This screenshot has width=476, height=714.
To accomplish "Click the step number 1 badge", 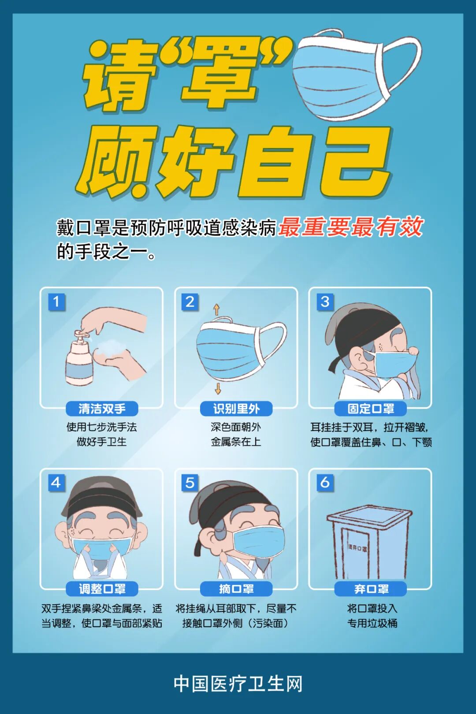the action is [56, 301].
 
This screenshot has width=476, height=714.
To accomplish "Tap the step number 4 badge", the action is [56, 483].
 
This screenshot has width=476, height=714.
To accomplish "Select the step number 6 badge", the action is [325, 483].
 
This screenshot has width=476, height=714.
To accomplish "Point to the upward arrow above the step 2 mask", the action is [216, 309].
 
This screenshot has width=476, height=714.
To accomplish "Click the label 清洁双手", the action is [102, 409].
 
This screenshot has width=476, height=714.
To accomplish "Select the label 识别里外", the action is [236, 409].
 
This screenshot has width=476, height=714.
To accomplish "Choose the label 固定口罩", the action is [371, 409].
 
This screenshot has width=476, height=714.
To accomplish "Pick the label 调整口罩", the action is [102, 589].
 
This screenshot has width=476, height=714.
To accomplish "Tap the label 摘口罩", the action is [236, 589].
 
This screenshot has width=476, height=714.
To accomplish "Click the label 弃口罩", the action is [371, 589].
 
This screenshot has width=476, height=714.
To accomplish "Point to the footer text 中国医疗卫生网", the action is [238, 684].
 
